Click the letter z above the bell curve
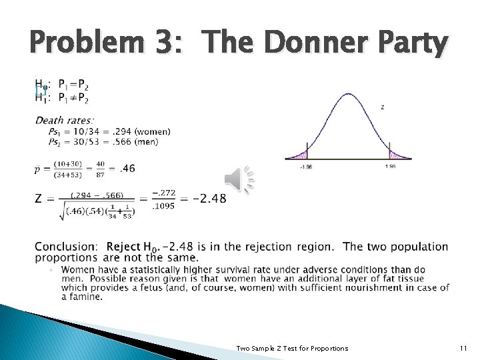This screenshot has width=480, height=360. (382, 107)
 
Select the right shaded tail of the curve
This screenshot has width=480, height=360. (397, 155)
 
